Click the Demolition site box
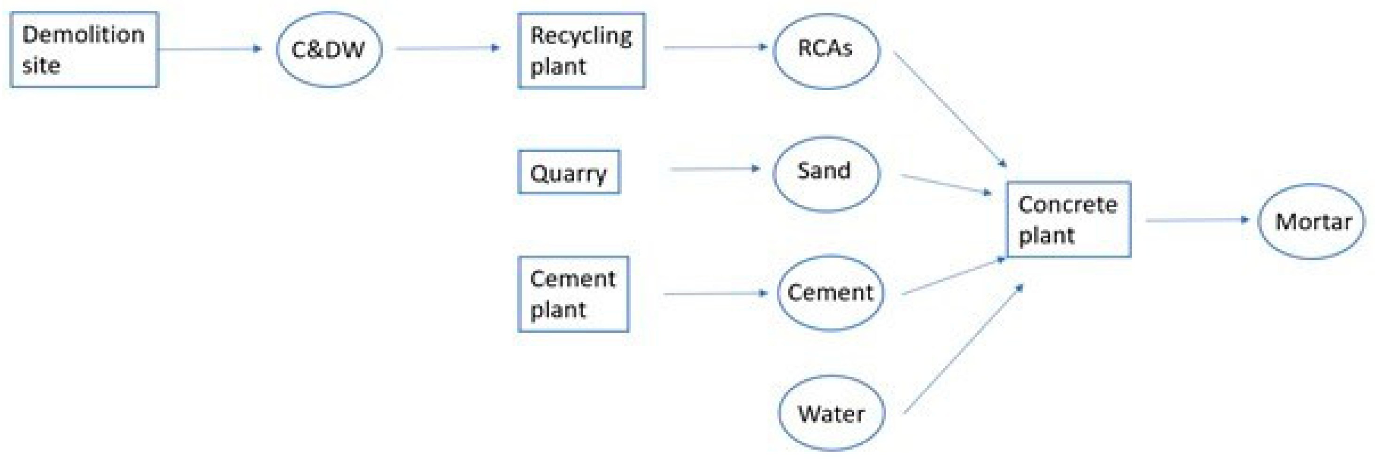84,49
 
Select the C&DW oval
329,49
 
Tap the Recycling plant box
581,50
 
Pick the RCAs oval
826,50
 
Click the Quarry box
569,172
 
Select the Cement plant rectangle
573,294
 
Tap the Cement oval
829,293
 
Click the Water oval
831,413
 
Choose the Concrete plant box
1068,219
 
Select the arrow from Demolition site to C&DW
210,49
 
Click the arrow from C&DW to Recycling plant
448,48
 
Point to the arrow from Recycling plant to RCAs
715,47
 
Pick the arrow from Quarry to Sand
714,169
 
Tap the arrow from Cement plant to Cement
715,293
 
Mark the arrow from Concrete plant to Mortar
1197,219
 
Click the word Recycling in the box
581,36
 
